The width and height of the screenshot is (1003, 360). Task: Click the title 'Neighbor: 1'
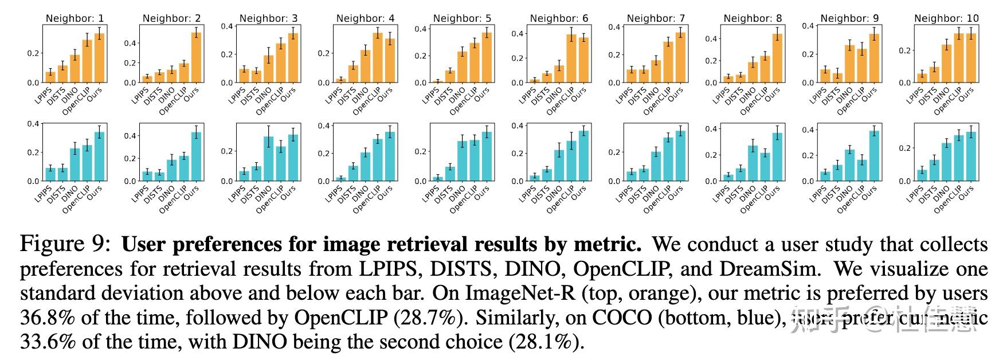tap(75, 18)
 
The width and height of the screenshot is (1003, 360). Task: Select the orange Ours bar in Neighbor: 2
tap(196, 57)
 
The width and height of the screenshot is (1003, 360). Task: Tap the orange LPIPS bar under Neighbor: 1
tap(50, 77)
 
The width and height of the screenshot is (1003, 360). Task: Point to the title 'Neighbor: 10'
tap(946, 18)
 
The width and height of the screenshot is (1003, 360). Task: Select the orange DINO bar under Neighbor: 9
tap(849, 64)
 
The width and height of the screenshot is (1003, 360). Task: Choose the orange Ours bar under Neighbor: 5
tap(487, 57)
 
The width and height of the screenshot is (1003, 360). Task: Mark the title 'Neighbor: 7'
tap(656, 18)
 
